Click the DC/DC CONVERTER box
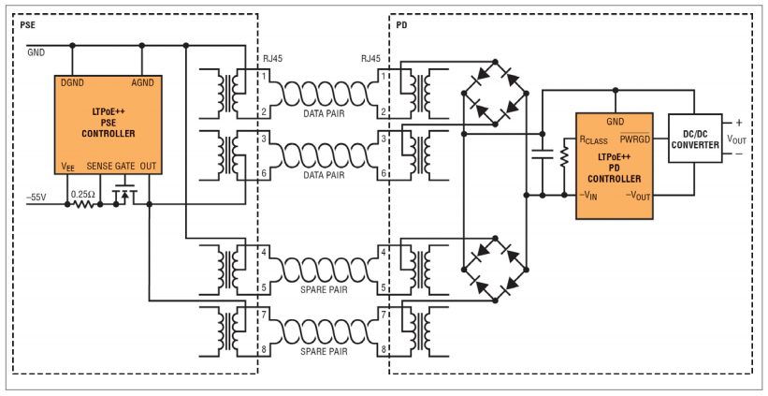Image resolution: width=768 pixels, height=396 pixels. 695,139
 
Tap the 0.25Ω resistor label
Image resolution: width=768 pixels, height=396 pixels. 82,194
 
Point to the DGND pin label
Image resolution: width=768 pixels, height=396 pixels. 72,83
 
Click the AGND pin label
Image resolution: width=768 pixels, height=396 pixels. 142,83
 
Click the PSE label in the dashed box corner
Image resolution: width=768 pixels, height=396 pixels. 27,25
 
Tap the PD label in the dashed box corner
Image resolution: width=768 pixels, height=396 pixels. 401,25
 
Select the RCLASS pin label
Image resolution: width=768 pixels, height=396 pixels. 594,140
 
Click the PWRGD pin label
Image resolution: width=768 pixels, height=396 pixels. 635,139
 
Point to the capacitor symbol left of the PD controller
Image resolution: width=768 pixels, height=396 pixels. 543,154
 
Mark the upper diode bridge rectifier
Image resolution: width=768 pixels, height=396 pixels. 495,93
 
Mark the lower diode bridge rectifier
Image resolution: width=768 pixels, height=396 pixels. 495,269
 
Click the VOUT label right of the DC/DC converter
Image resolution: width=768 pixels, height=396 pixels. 736,139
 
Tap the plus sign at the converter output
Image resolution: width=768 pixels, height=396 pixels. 739,123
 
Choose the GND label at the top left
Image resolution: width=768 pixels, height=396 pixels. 36,52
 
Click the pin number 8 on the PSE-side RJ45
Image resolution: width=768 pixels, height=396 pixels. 264,349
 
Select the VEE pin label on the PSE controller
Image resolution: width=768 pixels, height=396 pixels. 68,167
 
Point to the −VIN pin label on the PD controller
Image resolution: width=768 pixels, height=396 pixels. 587,197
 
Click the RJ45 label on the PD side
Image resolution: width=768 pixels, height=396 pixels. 370,59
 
